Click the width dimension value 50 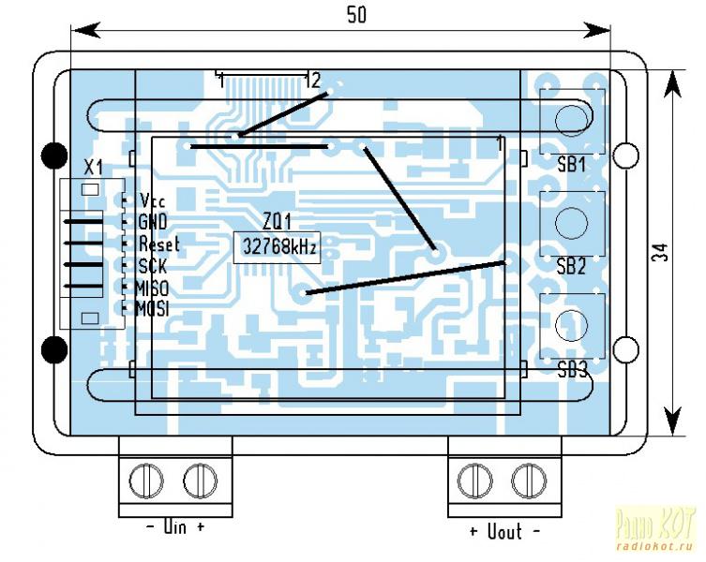pos(355,14)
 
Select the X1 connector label pos(93,168)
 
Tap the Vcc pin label pos(152,201)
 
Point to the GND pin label pos(152,223)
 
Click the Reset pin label pos(158,244)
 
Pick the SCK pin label pos(152,266)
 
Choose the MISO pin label pos(152,288)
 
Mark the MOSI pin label pos(152,308)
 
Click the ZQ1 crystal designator pos(277,224)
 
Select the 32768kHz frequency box pos(279,248)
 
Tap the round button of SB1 pos(570,117)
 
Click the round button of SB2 pos(570,221)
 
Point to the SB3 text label pos(571,369)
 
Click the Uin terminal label pos(175,528)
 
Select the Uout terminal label pos(504,531)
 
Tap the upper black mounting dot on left pos(55,154)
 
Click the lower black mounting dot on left pos(55,350)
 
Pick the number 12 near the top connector pos(312,81)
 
